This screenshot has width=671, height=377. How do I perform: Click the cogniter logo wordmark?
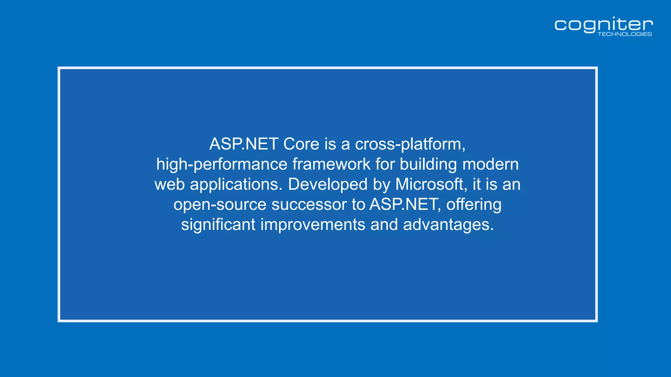[x=604, y=25]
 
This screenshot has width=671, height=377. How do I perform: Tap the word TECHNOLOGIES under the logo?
[x=624, y=34]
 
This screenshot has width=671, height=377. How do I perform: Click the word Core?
[x=301, y=144]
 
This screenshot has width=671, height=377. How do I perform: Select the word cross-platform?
[x=410, y=144]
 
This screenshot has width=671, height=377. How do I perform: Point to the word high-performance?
[x=221, y=164]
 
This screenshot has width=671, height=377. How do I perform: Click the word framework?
[x=331, y=164]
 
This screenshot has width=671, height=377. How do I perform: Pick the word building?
[x=428, y=164]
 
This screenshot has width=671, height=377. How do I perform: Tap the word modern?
[x=490, y=164]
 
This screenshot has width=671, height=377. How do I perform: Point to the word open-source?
[x=220, y=205]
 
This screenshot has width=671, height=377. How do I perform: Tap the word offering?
[x=473, y=205]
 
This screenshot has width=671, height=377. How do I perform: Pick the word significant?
[x=218, y=224]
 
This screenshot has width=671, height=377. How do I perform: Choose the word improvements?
[x=313, y=224]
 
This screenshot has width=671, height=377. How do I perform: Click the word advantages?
[x=448, y=224]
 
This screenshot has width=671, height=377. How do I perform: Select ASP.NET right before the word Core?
[x=244, y=144]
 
